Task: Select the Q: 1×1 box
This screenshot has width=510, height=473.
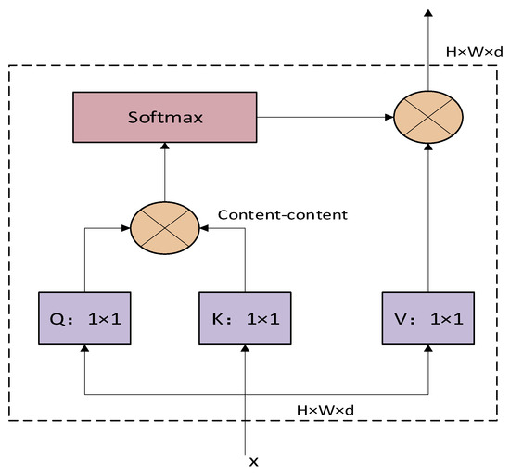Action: coord(84,318)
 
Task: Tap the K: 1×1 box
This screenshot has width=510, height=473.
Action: coord(245,318)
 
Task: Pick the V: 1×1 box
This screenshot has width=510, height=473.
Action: coord(427,318)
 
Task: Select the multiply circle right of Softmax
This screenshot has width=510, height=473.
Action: coord(427,118)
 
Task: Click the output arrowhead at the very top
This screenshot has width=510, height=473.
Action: coord(427,13)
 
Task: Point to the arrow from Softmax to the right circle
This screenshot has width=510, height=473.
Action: coord(325,118)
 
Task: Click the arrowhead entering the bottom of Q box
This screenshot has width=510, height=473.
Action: coord(84,350)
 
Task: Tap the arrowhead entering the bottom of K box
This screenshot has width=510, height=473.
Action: coord(245,350)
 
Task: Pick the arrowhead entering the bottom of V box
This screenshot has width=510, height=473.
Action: coord(427,350)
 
